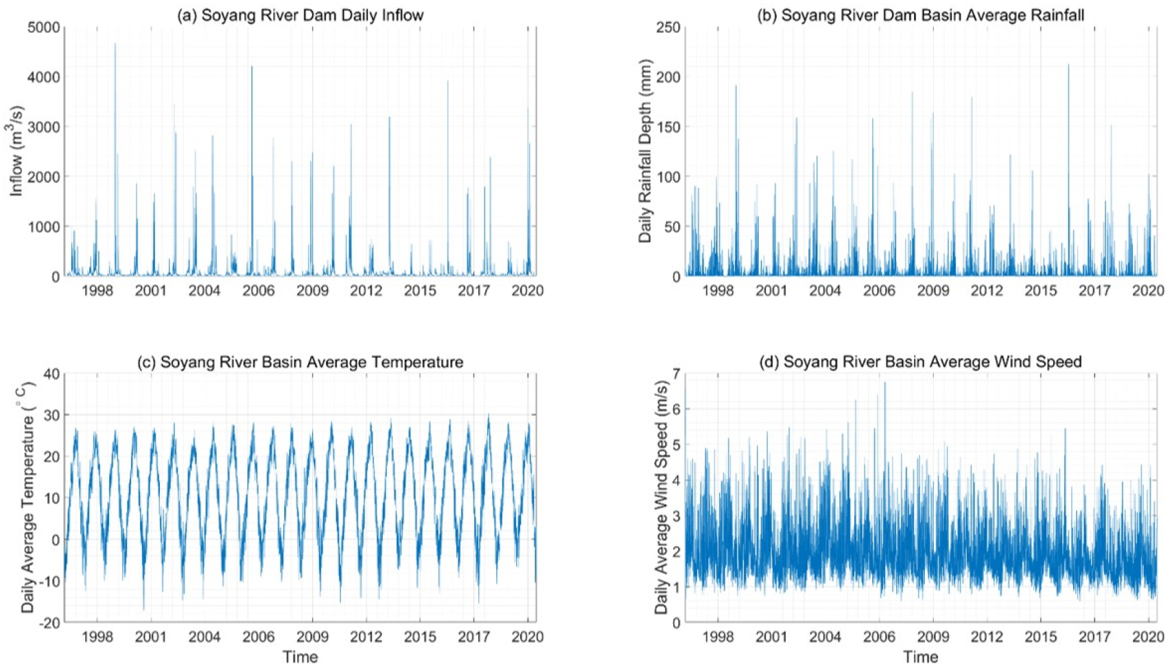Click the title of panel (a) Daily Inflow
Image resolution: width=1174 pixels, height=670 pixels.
[300, 15]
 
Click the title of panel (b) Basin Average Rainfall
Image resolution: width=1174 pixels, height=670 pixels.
[920, 15]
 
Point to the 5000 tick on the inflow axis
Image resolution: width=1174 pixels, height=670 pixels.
[46, 27]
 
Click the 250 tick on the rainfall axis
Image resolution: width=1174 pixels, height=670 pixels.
[668, 27]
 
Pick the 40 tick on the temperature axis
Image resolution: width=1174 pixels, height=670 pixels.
[51, 374]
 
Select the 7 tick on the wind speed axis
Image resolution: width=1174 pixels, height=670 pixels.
[677, 374]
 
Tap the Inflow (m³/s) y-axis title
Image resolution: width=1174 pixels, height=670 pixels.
[16, 151]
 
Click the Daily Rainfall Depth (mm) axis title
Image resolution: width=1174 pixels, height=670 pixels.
[645, 151]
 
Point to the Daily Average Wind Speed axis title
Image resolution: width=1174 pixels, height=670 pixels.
[661, 498]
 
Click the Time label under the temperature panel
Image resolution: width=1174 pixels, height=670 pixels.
[300, 657]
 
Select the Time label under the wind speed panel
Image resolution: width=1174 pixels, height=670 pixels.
[920, 657]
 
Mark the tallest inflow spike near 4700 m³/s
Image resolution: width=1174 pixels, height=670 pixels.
[115, 44]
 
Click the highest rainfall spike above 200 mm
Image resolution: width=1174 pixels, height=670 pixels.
[1068, 65]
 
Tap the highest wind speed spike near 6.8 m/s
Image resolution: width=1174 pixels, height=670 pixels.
[884, 383]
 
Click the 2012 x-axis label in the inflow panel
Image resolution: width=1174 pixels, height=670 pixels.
[366, 291]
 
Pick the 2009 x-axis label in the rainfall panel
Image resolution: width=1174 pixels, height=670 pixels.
[933, 291]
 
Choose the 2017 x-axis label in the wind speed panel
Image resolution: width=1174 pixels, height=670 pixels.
[1094, 637]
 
